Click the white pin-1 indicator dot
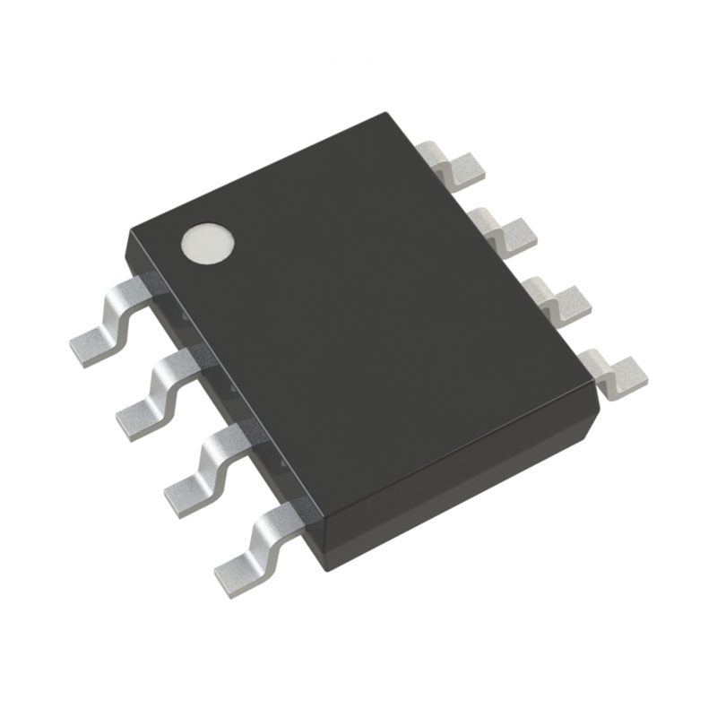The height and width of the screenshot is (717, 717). [207, 243]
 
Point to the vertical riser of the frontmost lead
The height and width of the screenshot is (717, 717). [269, 538]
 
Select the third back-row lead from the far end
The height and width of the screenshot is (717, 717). [556, 300]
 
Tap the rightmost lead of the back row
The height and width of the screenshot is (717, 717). [617, 373]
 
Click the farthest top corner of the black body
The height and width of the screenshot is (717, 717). [386, 114]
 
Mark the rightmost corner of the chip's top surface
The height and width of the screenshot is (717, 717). [596, 384]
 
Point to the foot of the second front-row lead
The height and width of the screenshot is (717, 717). [139, 413]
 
